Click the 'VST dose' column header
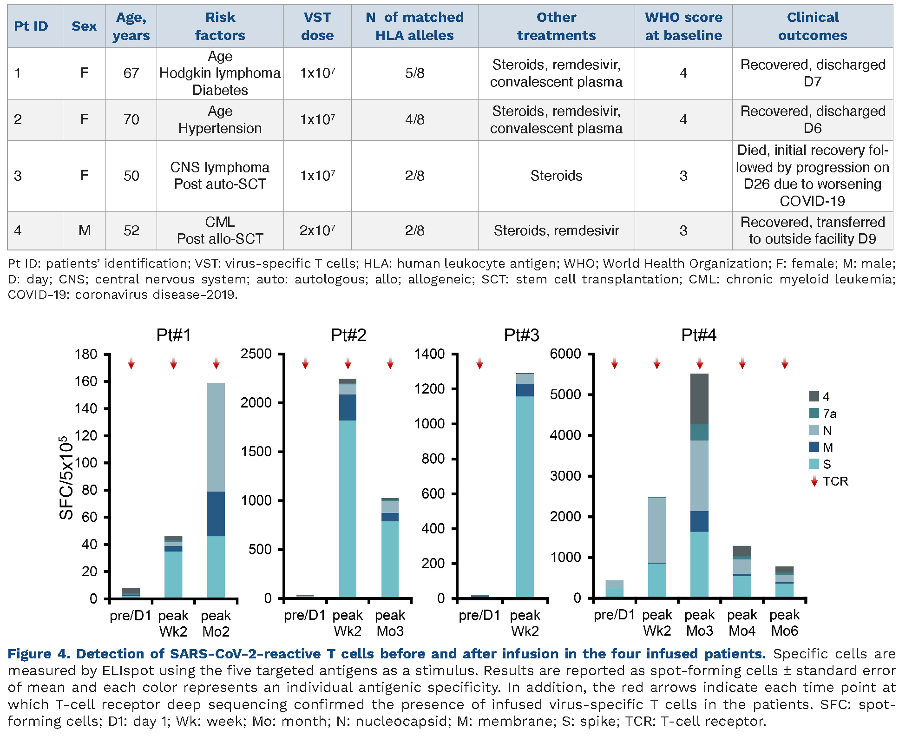[x=317, y=26]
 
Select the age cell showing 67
[x=131, y=73]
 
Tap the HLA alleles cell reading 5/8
[x=414, y=73]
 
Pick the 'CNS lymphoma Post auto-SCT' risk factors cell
[x=220, y=176]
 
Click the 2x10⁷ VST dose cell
[x=317, y=230]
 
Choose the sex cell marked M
[x=84, y=230]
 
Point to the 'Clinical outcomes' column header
[x=813, y=26]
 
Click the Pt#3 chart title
[x=521, y=335]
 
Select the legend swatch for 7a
[x=814, y=413]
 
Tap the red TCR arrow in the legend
[x=814, y=481]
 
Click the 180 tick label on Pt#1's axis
[x=86, y=354]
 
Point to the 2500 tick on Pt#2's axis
[x=256, y=354]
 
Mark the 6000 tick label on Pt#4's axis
[x=565, y=354]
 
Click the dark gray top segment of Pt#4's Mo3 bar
[x=699, y=398]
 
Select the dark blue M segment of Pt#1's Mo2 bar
[x=216, y=513]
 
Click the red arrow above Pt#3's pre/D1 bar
[x=479, y=364]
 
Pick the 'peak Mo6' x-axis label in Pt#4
[x=784, y=623]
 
